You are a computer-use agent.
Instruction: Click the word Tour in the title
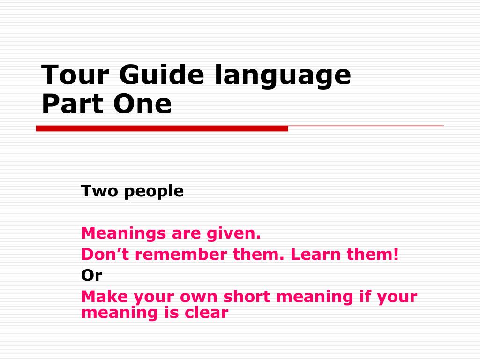(x=75, y=75)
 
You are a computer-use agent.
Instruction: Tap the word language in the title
(x=283, y=76)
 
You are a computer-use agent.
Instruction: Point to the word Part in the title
(x=72, y=104)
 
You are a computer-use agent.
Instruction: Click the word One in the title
(x=142, y=104)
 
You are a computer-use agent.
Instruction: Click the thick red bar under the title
(x=162, y=128)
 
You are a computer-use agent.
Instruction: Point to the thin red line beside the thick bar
(x=366, y=126)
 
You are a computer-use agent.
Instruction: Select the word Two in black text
(x=99, y=191)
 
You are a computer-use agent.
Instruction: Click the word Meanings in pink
(x=123, y=233)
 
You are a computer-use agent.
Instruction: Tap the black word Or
(x=91, y=276)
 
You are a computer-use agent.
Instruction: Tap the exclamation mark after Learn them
(x=396, y=255)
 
